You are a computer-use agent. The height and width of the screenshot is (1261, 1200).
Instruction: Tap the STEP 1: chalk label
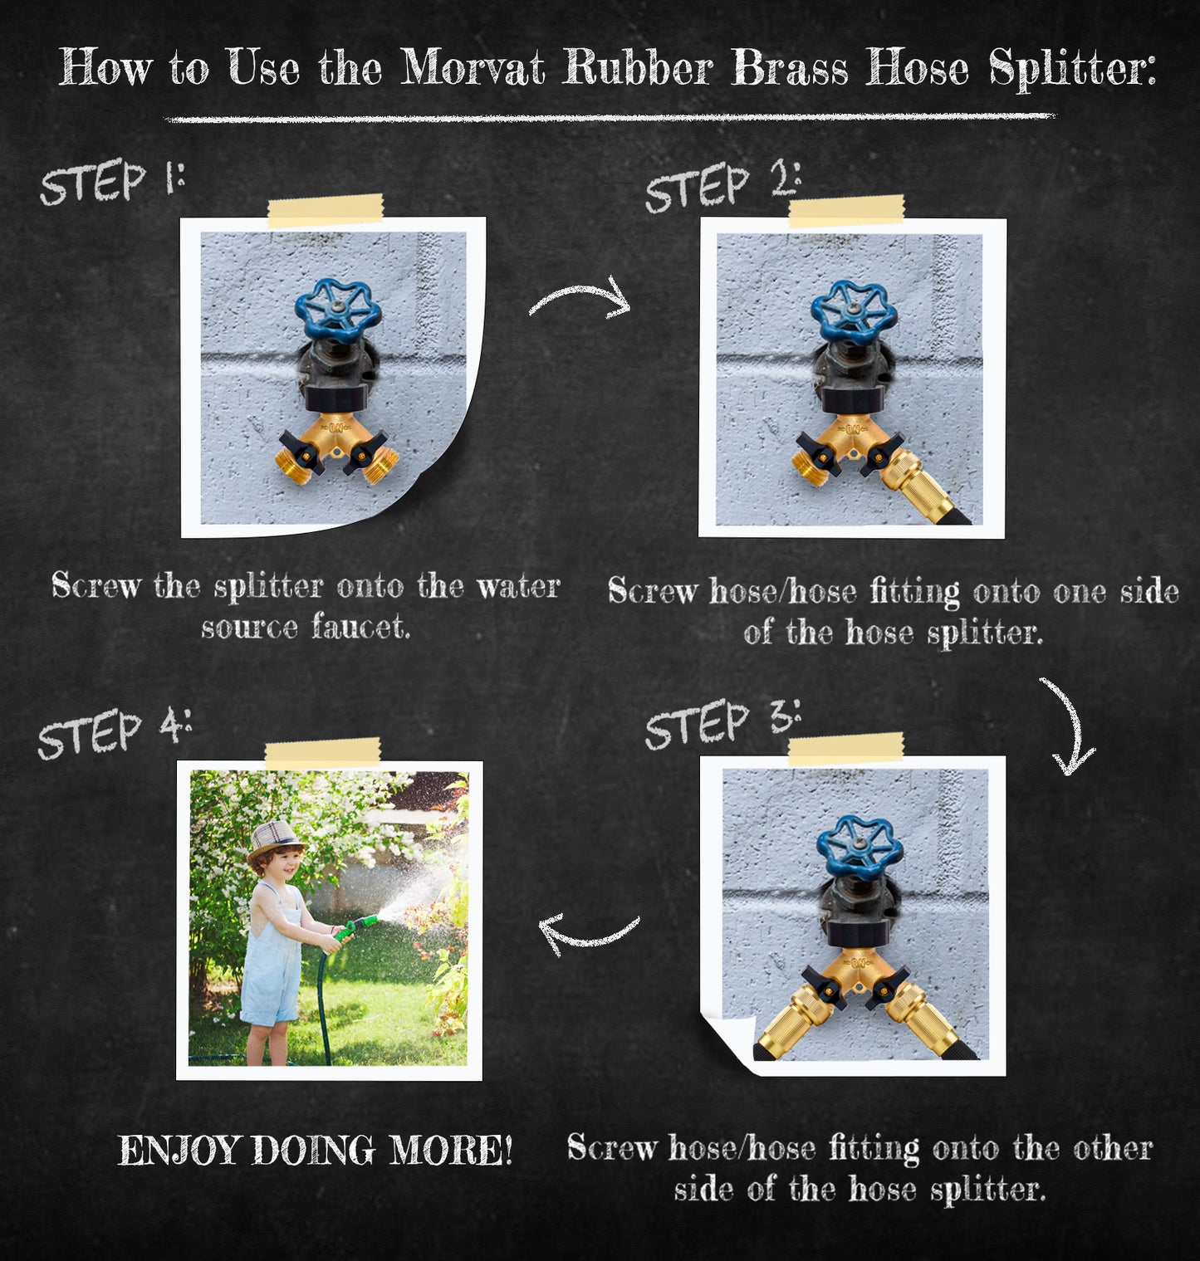click(x=112, y=181)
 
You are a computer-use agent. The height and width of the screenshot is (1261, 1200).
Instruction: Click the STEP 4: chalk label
click(x=115, y=732)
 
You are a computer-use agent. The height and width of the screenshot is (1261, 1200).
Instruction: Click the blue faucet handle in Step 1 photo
click(x=338, y=310)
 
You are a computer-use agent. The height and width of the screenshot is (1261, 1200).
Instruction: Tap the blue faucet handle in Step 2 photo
click(x=854, y=311)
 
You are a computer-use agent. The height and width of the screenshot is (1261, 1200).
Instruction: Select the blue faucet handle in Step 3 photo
click(x=860, y=848)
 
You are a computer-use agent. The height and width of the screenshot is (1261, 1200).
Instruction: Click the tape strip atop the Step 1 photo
click(x=326, y=211)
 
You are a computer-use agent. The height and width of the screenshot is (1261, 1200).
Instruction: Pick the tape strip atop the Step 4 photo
click(x=323, y=753)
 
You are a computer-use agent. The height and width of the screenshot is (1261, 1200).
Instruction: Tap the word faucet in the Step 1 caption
click(x=361, y=627)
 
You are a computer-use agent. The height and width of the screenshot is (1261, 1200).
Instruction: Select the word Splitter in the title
click(x=1072, y=68)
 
